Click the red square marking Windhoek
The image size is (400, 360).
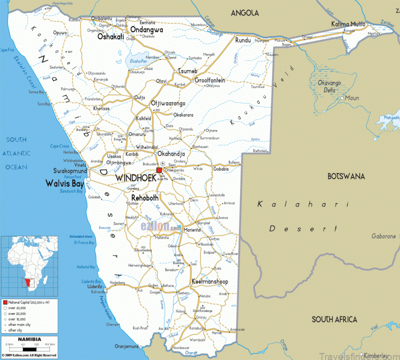pos(159,170)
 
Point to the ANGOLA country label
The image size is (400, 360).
pos(245,13)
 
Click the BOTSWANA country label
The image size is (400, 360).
pos(346,176)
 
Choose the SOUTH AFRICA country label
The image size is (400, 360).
pos(334,319)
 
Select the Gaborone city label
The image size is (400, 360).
pos(383,236)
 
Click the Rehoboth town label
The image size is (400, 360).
pos(145,198)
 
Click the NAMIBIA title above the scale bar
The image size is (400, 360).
pos(28,340)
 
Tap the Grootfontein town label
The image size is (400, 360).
pos(209,80)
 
